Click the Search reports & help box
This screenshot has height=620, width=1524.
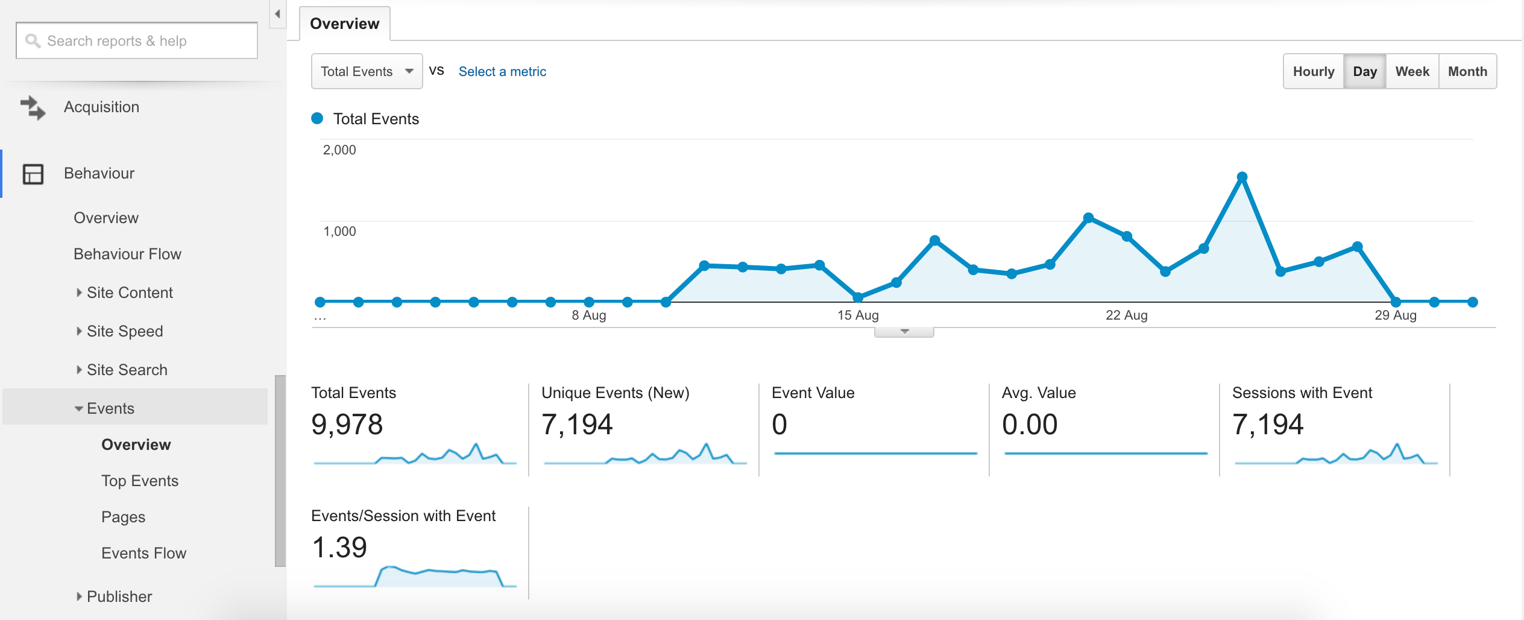click(x=137, y=40)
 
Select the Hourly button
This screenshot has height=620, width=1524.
click(x=1314, y=71)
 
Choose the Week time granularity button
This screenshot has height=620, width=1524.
click(x=1412, y=71)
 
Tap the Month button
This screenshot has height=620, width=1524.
click(x=1468, y=71)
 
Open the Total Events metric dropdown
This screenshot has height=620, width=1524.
click(x=367, y=71)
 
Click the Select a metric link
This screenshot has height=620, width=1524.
click(x=502, y=71)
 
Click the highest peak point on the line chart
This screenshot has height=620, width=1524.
click(x=1242, y=177)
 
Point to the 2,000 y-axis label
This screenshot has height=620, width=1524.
click(x=339, y=150)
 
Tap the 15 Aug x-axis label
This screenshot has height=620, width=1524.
click(x=858, y=315)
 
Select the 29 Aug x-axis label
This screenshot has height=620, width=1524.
click(x=1396, y=315)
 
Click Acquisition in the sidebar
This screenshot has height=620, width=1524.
click(x=101, y=107)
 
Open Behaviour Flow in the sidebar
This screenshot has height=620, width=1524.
click(x=127, y=254)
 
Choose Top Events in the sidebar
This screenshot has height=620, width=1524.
click(x=140, y=481)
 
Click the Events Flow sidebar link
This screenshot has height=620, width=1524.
click(x=143, y=553)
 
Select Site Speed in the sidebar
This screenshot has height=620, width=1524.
click(x=125, y=331)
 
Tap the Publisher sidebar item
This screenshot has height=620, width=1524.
click(x=119, y=596)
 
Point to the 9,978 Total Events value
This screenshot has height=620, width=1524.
click(x=347, y=424)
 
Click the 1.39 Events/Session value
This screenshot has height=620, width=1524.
click(x=339, y=547)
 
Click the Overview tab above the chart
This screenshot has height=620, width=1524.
click(x=345, y=24)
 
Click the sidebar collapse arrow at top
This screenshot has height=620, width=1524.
click(x=277, y=14)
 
